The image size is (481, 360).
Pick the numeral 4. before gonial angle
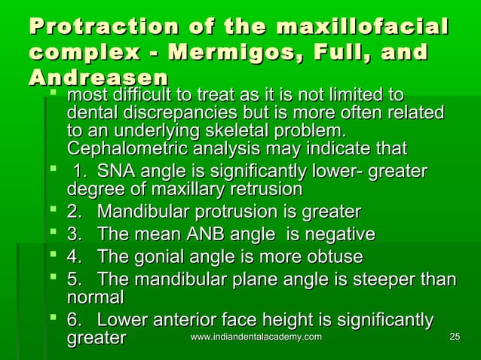click(75, 257)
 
